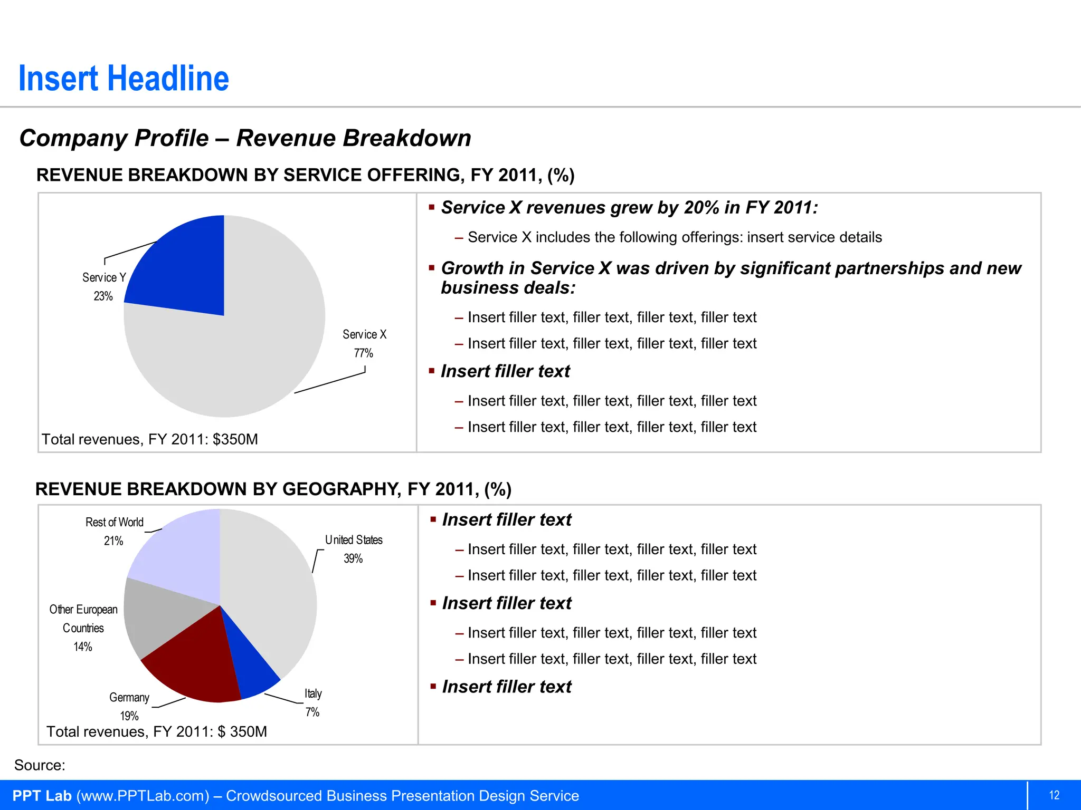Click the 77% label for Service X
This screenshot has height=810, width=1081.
click(x=363, y=353)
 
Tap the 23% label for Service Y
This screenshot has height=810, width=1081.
click(x=103, y=296)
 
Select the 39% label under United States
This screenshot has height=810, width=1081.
click(x=353, y=558)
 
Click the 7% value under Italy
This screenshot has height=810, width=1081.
click(x=312, y=712)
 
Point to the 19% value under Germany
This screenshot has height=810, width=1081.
click(x=129, y=716)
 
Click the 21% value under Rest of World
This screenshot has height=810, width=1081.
click(x=113, y=541)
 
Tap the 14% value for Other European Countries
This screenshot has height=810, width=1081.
click(x=83, y=647)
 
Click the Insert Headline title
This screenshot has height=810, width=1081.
click(x=124, y=79)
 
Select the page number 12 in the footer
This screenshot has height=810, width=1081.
click(x=1054, y=795)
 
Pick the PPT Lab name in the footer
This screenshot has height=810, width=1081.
click(x=42, y=796)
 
